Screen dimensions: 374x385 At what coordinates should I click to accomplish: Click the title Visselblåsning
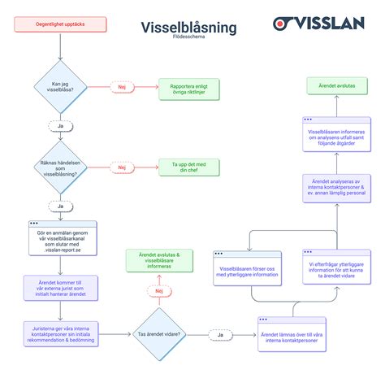point(188,27)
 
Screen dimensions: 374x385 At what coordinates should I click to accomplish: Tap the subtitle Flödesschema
point(188,37)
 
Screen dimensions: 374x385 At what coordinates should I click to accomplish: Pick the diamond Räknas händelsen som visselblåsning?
point(61,167)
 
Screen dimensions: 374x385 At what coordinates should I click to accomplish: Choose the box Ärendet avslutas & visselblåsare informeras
point(159,260)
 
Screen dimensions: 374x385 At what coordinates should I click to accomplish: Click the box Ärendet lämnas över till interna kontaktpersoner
point(291,334)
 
